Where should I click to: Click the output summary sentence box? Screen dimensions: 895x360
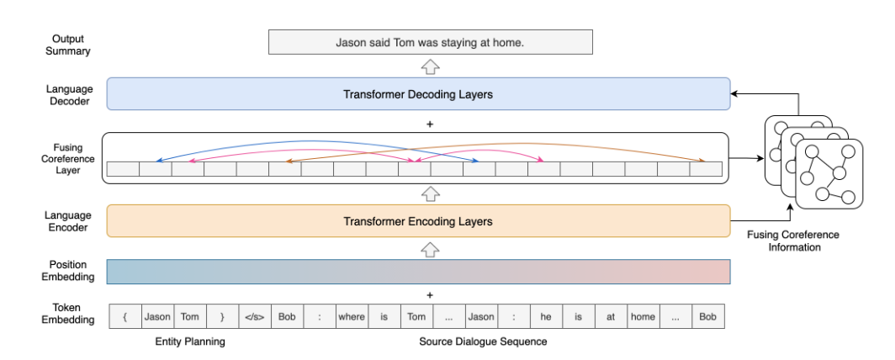click(431, 42)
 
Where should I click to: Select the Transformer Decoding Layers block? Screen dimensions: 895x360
click(418, 94)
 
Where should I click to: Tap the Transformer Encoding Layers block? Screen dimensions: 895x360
click(418, 220)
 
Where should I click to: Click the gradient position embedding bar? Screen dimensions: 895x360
click(418, 272)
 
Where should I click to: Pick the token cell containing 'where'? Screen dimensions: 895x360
click(352, 316)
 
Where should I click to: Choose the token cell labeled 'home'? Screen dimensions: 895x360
click(643, 316)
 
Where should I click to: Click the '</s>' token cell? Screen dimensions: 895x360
click(255, 316)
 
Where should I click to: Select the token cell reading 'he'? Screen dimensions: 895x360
click(546, 316)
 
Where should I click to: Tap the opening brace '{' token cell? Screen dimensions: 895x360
click(125, 316)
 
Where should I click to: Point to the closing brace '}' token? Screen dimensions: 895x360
click(222, 316)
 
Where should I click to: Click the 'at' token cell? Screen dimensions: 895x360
click(611, 316)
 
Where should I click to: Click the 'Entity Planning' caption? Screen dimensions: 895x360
click(190, 341)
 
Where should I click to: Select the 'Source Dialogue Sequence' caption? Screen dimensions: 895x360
click(483, 341)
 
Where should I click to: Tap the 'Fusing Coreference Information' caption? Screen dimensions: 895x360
click(793, 241)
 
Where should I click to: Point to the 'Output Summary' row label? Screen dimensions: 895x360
click(68, 45)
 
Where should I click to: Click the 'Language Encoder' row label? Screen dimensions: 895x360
click(68, 221)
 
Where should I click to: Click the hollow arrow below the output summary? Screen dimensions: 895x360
click(431, 66)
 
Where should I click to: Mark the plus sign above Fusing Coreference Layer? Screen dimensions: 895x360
click(430, 124)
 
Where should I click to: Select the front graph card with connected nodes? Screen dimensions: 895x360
click(829, 173)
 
